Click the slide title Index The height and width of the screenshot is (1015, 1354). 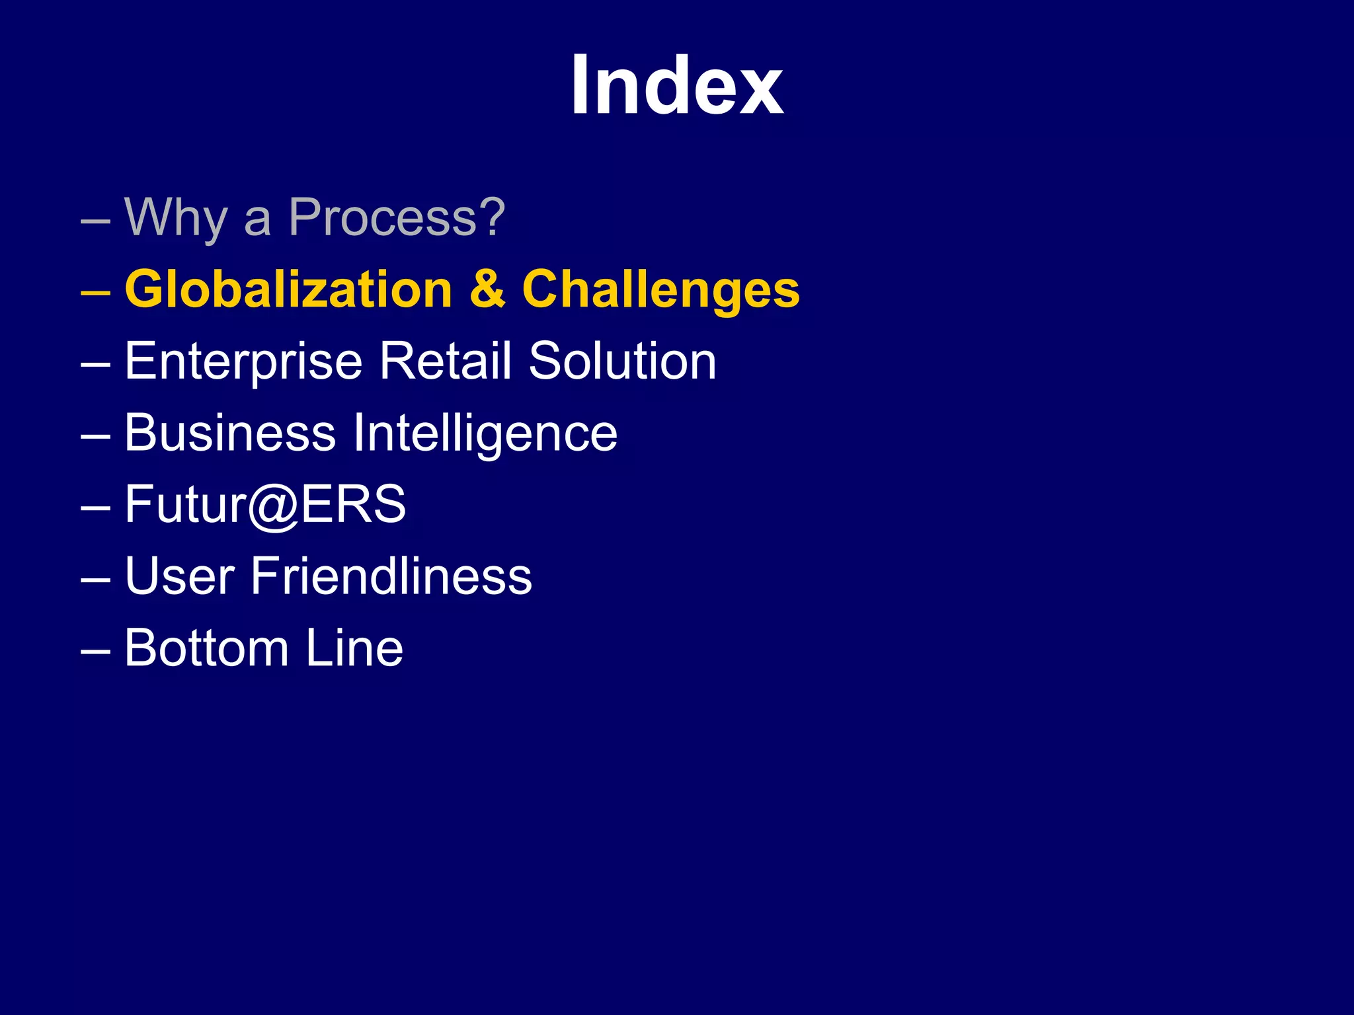[x=677, y=86]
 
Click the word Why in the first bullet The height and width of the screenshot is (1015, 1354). [x=176, y=218]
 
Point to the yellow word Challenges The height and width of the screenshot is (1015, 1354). [x=660, y=291]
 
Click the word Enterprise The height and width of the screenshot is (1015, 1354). [x=243, y=362]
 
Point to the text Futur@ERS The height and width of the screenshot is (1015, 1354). [x=265, y=505]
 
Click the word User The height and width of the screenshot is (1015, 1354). [x=179, y=576]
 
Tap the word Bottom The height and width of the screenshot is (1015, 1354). [x=206, y=648]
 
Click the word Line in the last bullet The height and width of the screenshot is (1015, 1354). [x=354, y=648]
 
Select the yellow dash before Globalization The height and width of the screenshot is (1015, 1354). [x=95, y=291]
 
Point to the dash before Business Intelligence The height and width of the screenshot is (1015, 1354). [x=95, y=435]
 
